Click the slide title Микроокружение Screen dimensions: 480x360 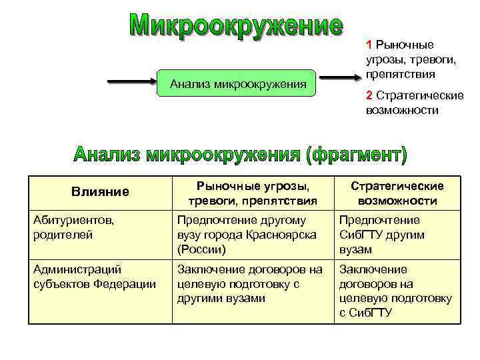[237, 26]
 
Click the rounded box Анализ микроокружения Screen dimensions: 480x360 [238, 84]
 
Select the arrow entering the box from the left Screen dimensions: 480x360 [131, 83]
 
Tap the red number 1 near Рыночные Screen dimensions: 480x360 [369, 45]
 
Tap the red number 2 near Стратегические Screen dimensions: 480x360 [369, 95]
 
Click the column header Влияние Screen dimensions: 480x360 [100, 193]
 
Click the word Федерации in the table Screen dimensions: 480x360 [129, 284]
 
